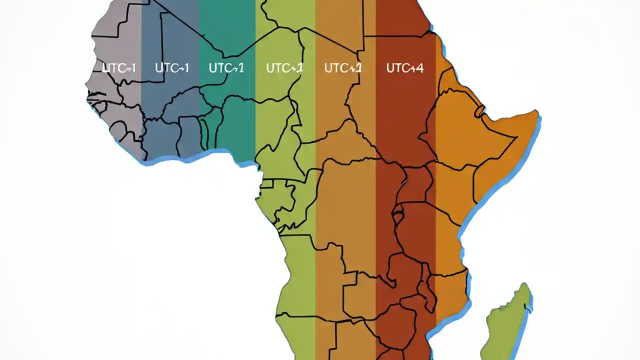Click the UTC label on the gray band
pyautogui.click(x=118, y=68)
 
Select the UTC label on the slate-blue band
pyautogui.click(x=172, y=68)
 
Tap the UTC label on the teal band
pyautogui.click(x=226, y=68)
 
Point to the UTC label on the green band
pyautogui.click(x=284, y=68)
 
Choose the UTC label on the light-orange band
pyautogui.click(x=342, y=68)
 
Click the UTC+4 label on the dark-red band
pyautogui.click(x=404, y=68)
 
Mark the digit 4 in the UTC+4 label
pyautogui.click(x=419, y=68)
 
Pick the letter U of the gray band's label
pyautogui.click(x=106, y=68)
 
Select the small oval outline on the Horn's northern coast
pyautogui.click(x=480, y=111)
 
